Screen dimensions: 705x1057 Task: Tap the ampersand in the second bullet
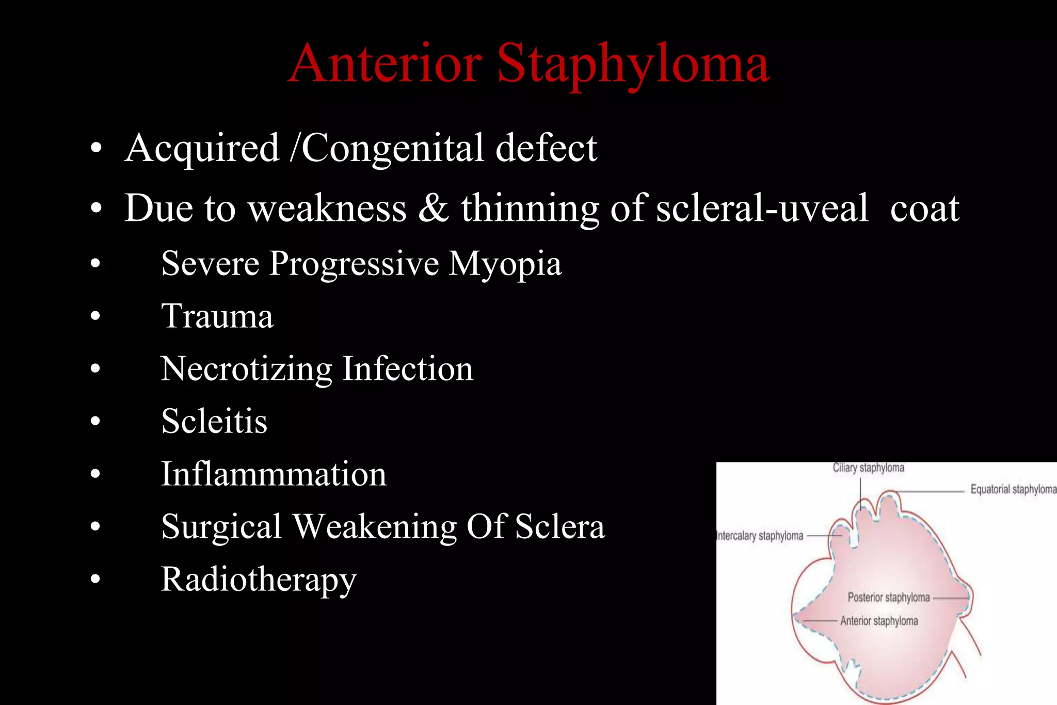(433, 208)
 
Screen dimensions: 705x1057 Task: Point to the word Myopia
(504, 264)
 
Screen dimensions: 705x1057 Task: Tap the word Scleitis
(214, 421)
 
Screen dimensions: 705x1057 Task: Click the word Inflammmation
(274, 474)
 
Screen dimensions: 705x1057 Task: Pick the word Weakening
(375, 527)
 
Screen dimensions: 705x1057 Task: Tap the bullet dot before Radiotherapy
(95, 580)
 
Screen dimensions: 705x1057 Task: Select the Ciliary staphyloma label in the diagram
(868, 468)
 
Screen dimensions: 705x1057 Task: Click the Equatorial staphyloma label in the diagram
(1013, 489)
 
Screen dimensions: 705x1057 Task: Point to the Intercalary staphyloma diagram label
(760, 536)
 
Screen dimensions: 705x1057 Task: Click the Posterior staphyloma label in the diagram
(888, 598)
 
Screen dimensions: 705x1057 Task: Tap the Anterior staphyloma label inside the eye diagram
(879, 621)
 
